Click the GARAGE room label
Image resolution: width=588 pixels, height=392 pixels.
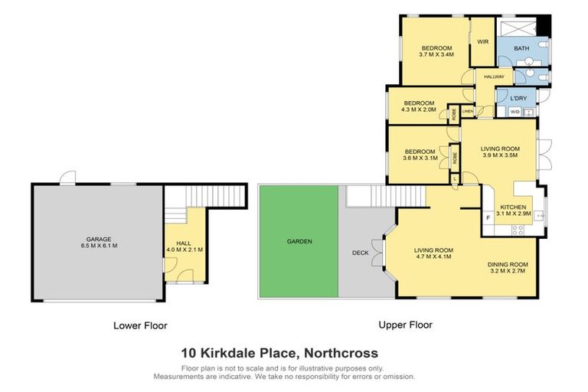pos(96,239)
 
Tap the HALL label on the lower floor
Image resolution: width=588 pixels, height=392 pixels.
pos(183,243)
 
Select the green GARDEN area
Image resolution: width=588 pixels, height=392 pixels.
pos(299,241)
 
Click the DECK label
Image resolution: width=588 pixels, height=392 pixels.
pos(361,253)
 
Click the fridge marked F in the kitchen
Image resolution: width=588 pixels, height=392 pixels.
pos(488,218)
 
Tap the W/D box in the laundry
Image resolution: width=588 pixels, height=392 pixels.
pos(514,112)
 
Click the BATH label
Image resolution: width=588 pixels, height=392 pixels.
pos(521,49)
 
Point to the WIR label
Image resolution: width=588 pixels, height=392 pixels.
pos(483,42)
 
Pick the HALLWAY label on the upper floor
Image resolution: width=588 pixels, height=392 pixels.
pos(493,77)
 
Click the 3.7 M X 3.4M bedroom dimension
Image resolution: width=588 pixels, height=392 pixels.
pos(437,55)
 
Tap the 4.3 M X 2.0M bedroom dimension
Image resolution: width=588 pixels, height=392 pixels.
pos(419,109)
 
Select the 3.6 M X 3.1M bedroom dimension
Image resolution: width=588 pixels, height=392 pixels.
pos(419,158)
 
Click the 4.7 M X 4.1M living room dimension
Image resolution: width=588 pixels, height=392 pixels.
pos(433,257)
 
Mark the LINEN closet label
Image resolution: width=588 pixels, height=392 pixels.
pos(467,112)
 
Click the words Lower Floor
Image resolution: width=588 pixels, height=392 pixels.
pos(140,325)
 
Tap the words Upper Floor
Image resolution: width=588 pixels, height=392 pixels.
pos(406,325)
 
